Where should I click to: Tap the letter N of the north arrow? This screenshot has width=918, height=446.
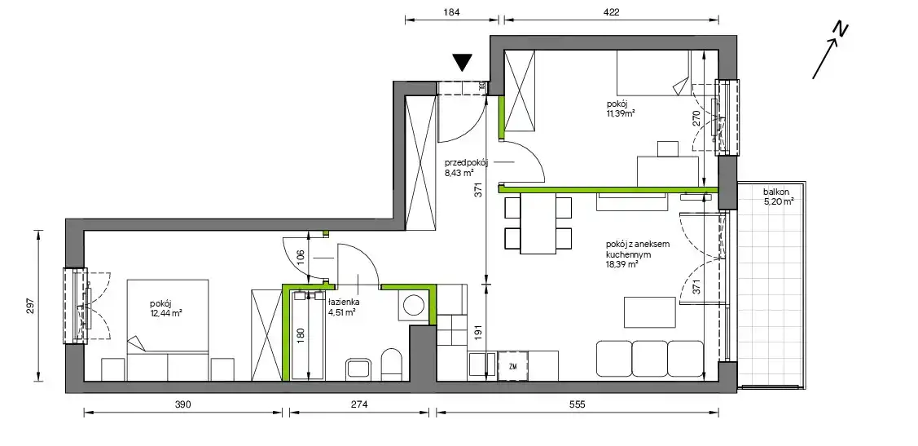pyautogui.click(x=841, y=30)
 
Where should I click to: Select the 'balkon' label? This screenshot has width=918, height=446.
pyautogui.click(x=775, y=192)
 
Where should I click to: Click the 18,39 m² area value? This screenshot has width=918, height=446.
pyautogui.click(x=622, y=264)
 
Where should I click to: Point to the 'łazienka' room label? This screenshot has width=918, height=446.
pyautogui.click(x=344, y=302)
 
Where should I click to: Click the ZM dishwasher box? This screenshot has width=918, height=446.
pyautogui.click(x=513, y=367)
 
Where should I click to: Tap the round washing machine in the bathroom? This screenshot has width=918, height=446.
pyautogui.click(x=415, y=306)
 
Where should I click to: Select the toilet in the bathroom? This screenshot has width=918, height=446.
pyautogui.click(x=391, y=364)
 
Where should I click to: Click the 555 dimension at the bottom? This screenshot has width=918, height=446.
pyautogui.click(x=578, y=404)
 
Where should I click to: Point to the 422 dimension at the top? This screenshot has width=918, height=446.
pyautogui.click(x=611, y=11)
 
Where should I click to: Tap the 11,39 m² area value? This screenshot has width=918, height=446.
pyautogui.click(x=622, y=113)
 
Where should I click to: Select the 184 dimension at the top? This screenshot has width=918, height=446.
pyautogui.click(x=452, y=11)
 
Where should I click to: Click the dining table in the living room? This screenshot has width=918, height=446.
pyautogui.click(x=538, y=223)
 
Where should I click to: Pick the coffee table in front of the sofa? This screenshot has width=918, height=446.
pyautogui.click(x=650, y=312)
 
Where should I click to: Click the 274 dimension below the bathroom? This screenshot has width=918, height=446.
pyautogui.click(x=359, y=404)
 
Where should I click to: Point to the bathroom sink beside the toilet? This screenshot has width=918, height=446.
pyautogui.click(x=358, y=368)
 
